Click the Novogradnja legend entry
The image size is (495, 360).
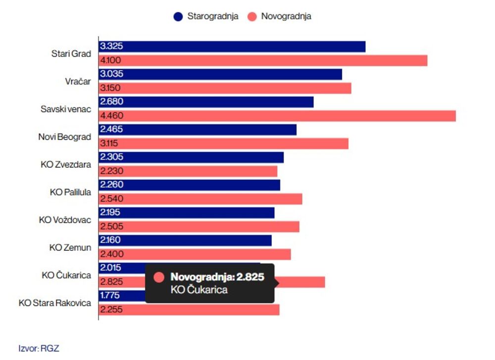click(280, 16)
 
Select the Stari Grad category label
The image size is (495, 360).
click(71, 54)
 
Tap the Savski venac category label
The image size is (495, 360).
click(66, 109)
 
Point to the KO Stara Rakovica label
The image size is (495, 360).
click(55, 303)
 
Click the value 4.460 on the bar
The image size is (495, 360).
click(111, 116)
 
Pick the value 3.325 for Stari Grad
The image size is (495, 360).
click(111, 46)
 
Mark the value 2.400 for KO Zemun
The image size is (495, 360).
click(111, 254)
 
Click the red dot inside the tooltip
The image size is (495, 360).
click(159, 277)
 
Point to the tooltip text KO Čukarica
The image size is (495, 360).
click(199, 290)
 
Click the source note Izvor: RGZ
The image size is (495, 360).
click(39, 348)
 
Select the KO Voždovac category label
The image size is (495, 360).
click(65, 220)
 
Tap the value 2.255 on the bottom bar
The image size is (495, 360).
click(111, 310)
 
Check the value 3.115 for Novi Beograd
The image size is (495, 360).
click(110, 143)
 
